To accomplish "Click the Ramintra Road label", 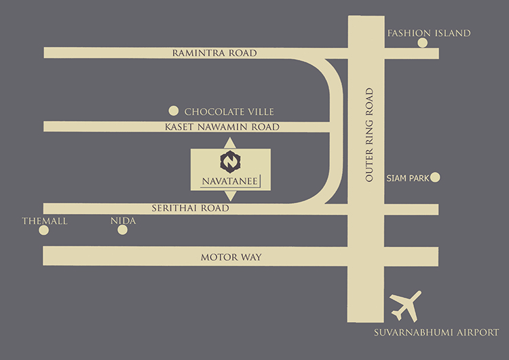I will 214,53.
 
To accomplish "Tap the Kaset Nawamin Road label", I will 222,127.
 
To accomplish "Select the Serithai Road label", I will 201,209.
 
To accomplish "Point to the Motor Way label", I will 231,257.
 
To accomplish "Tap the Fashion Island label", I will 428,33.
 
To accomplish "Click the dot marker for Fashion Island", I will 423,43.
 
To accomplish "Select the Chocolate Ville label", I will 229,111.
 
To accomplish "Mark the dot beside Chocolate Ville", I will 173,111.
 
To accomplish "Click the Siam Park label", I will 407,178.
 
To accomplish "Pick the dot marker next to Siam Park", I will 436,178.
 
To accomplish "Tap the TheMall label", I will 45,221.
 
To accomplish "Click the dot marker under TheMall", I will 44,230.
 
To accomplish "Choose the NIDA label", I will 123,221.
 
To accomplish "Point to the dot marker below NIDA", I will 123,230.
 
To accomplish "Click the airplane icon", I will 406,306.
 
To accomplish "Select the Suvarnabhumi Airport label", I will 436,333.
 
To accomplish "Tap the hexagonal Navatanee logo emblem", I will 231,161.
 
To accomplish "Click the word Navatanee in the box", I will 230,181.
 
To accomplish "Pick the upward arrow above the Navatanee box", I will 231,142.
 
